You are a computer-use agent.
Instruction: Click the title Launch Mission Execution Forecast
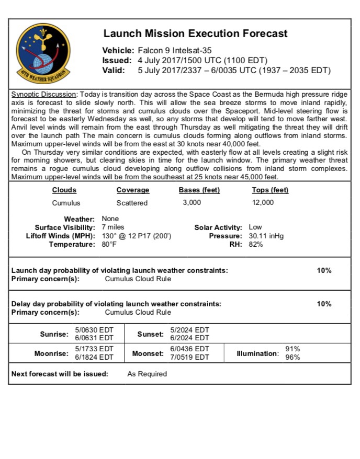click(x=195, y=33)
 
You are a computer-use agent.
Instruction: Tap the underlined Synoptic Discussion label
click(x=44, y=94)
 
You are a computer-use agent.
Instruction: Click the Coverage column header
click(x=132, y=190)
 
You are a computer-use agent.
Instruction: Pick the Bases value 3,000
click(x=192, y=203)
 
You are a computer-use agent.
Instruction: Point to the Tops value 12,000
click(x=262, y=203)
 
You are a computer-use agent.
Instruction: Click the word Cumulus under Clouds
click(x=66, y=203)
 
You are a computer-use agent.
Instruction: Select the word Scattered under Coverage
click(x=132, y=203)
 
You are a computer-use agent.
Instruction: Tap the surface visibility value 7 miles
click(x=113, y=227)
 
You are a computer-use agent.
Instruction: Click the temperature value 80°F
click(x=109, y=244)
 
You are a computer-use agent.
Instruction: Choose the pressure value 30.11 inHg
click(x=266, y=236)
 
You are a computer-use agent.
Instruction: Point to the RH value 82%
click(x=256, y=244)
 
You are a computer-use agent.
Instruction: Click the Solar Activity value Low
click(x=255, y=227)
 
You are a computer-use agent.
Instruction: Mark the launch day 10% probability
click(x=324, y=270)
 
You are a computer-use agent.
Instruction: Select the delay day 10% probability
click(x=324, y=304)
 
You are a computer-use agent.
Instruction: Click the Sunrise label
click(x=54, y=334)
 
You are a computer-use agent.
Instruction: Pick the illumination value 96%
click(x=292, y=358)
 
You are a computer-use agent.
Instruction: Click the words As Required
click(x=147, y=374)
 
